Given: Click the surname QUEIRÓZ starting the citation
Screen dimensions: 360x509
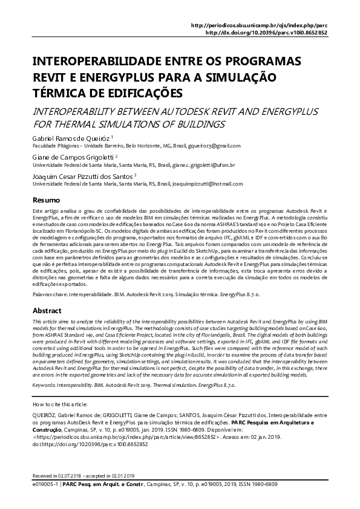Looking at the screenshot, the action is point(46,417).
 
